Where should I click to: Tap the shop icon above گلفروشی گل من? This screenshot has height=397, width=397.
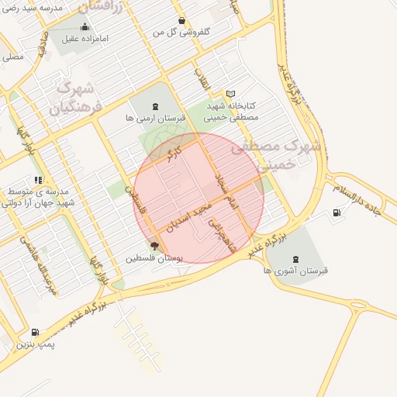point(181,21)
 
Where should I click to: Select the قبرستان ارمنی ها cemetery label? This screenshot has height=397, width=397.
point(155,119)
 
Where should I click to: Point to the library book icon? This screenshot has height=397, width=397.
point(230,93)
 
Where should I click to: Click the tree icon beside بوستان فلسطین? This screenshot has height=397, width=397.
point(154,246)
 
